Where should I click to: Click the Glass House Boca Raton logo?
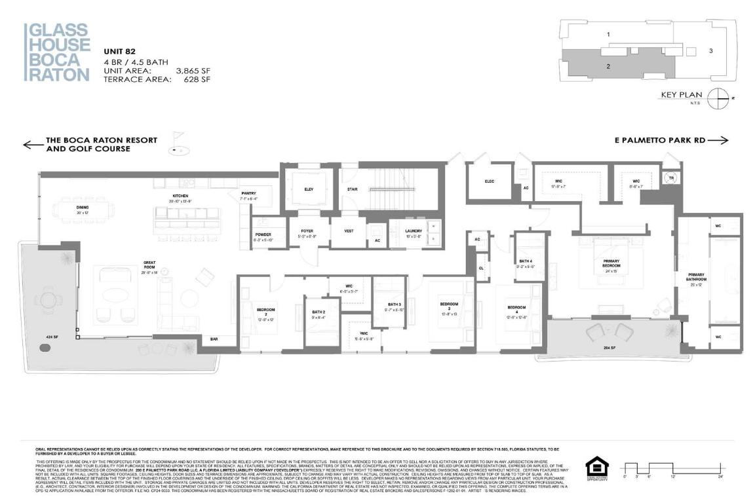(57, 52)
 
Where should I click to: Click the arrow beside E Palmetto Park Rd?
(718, 140)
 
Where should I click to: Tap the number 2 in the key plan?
(609, 66)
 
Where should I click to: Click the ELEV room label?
(307, 189)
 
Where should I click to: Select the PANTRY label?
(248, 194)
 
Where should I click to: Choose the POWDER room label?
(263, 235)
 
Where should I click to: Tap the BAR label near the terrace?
(214, 339)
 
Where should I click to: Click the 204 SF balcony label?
(610, 348)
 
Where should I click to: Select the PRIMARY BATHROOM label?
(695, 276)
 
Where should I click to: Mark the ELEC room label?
(490, 181)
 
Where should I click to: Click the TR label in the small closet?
(670, 177)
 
